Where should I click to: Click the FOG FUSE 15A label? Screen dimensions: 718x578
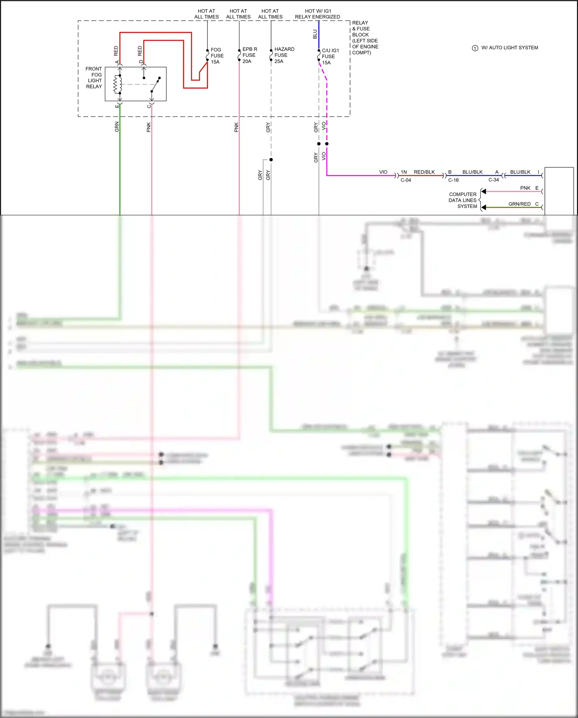tap(217, 56)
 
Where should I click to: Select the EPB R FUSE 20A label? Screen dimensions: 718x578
tap(249, 55)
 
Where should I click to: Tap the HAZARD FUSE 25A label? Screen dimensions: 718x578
tap(284, 55)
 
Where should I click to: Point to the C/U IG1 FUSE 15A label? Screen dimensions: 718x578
tap(330, 56)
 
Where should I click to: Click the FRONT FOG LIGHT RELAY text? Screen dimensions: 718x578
tap(94, 78)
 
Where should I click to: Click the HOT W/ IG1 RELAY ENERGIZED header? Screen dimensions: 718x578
tap(317, 14)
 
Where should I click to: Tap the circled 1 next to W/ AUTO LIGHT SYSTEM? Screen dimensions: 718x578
tap(475, 48)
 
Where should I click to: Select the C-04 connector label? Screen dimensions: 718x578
tap(406, 180)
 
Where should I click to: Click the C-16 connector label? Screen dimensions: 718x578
tap(453, 180)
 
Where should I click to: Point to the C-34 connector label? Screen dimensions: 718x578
tap(494, 180)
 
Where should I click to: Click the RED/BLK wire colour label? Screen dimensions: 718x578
tap(424, 172)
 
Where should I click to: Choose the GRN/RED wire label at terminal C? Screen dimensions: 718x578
tap(519, 204)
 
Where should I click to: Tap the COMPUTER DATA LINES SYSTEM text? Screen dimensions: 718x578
tap(463, 200)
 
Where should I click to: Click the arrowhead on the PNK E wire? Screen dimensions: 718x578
tap(484, 191)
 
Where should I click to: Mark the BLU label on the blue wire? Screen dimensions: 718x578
tap(315, 34)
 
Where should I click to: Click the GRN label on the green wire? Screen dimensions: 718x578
tap(117, 127)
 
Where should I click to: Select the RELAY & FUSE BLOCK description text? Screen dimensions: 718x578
tap(365, 37)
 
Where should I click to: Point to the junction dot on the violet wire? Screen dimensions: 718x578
tap(327, 144)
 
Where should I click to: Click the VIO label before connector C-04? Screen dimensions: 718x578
tap(383, 172)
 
